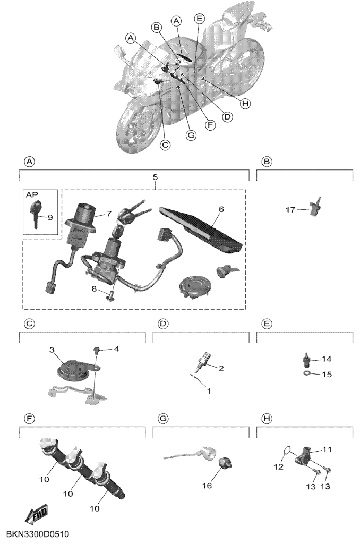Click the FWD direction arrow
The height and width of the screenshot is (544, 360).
coord(36,515)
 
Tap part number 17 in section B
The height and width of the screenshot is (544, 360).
coord(290,209)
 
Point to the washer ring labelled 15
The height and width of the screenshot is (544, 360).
coord(307,373)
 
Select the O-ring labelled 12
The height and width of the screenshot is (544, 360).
coord(286,450)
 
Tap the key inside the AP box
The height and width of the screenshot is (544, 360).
coord(35,215)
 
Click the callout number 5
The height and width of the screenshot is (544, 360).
coord(155,177)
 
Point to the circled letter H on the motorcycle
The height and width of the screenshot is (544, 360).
coord(245,104)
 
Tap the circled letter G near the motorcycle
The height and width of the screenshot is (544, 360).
coord(191,135)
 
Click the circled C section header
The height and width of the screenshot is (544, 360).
coord(30,324)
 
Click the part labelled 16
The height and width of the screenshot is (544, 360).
coord(225,463)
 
